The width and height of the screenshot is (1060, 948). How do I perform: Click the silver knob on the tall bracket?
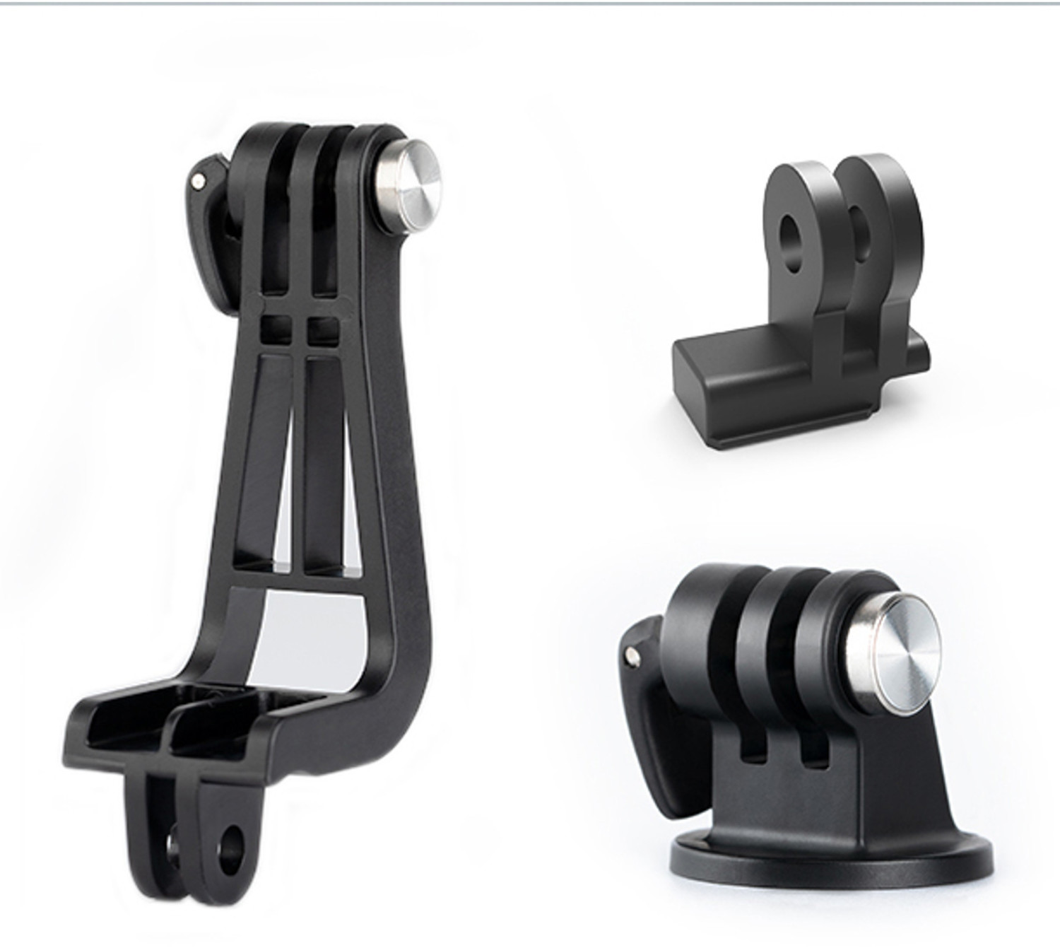[x=408, y=182]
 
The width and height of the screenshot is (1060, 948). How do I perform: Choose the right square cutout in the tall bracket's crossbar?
[x=323, y=329]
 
